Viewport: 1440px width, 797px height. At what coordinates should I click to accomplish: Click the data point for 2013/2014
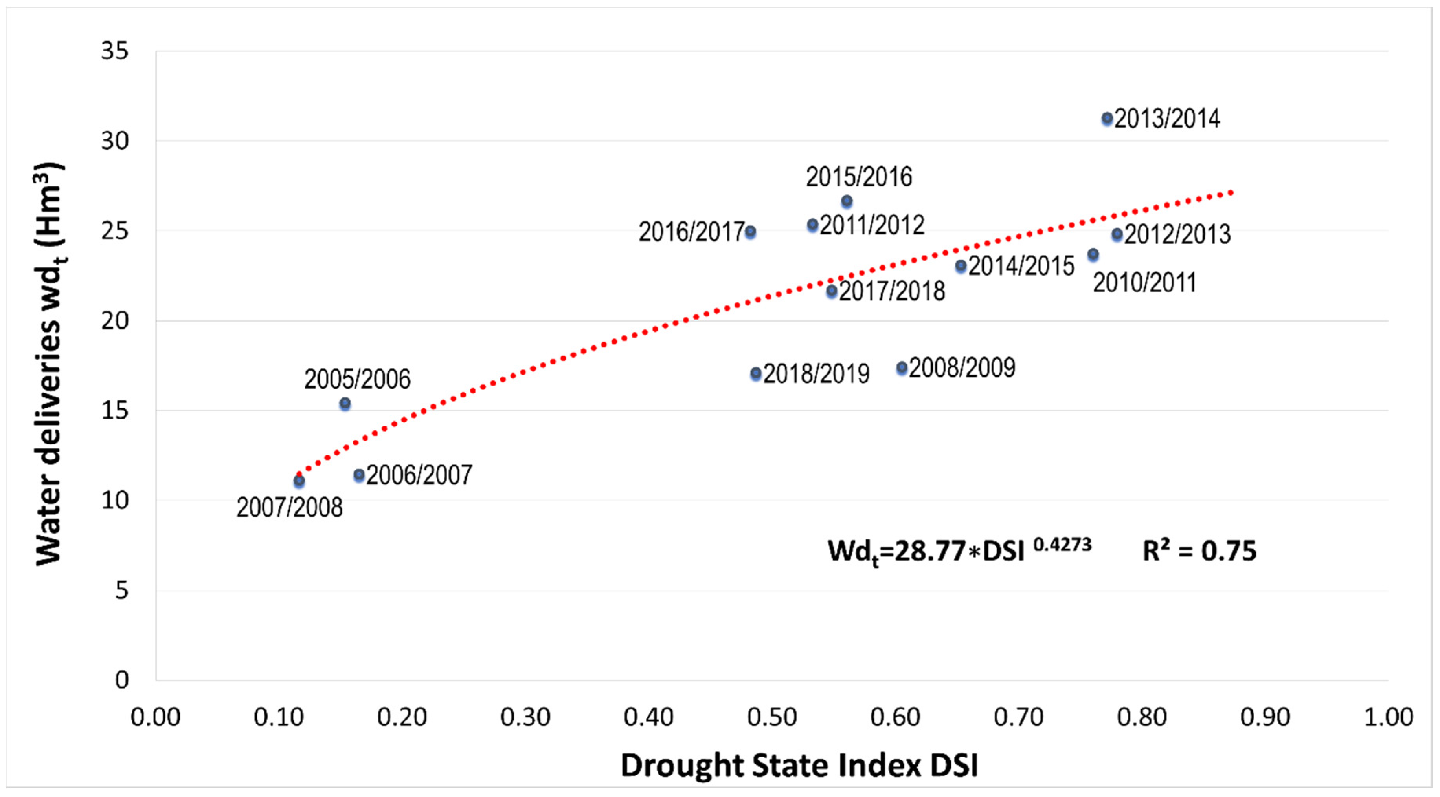(x=1107, y=119)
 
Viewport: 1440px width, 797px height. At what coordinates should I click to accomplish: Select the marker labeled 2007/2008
(x=299, y=481)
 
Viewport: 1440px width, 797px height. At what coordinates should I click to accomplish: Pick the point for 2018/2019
(x=756, y=373)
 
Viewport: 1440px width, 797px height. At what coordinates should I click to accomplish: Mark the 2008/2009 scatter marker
(x=902, y=367)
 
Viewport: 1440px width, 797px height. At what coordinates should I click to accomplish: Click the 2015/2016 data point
(x=847, y=201)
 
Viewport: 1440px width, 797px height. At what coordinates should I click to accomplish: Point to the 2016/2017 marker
(x=750, y=232)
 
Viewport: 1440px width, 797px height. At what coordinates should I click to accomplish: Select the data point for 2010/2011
(x=1093, y=255)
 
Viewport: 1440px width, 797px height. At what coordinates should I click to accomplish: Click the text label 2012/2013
(x=1177, y=234)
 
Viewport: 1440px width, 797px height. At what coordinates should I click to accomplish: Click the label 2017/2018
(x=892, y=291)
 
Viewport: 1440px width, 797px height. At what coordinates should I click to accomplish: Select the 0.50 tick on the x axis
(x=772, y=717)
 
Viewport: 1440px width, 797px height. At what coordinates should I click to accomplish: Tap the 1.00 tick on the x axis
(x=1389, y=717)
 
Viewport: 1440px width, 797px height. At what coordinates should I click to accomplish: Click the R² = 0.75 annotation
(x=1199, y=551)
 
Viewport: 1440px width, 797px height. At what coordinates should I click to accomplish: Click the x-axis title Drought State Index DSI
(x=799, y=765)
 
